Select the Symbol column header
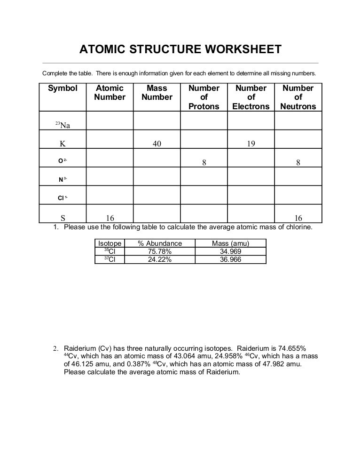63,89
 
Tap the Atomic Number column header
110,93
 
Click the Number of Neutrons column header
298,97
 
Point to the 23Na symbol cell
63,125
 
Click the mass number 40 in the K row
157,144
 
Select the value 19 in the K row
251,144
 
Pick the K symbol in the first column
63,144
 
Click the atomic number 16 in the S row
110,218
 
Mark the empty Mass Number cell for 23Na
157,121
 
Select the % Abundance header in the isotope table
160,243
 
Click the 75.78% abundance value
160,251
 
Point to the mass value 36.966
230,259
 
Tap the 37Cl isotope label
110,259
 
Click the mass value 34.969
230,251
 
